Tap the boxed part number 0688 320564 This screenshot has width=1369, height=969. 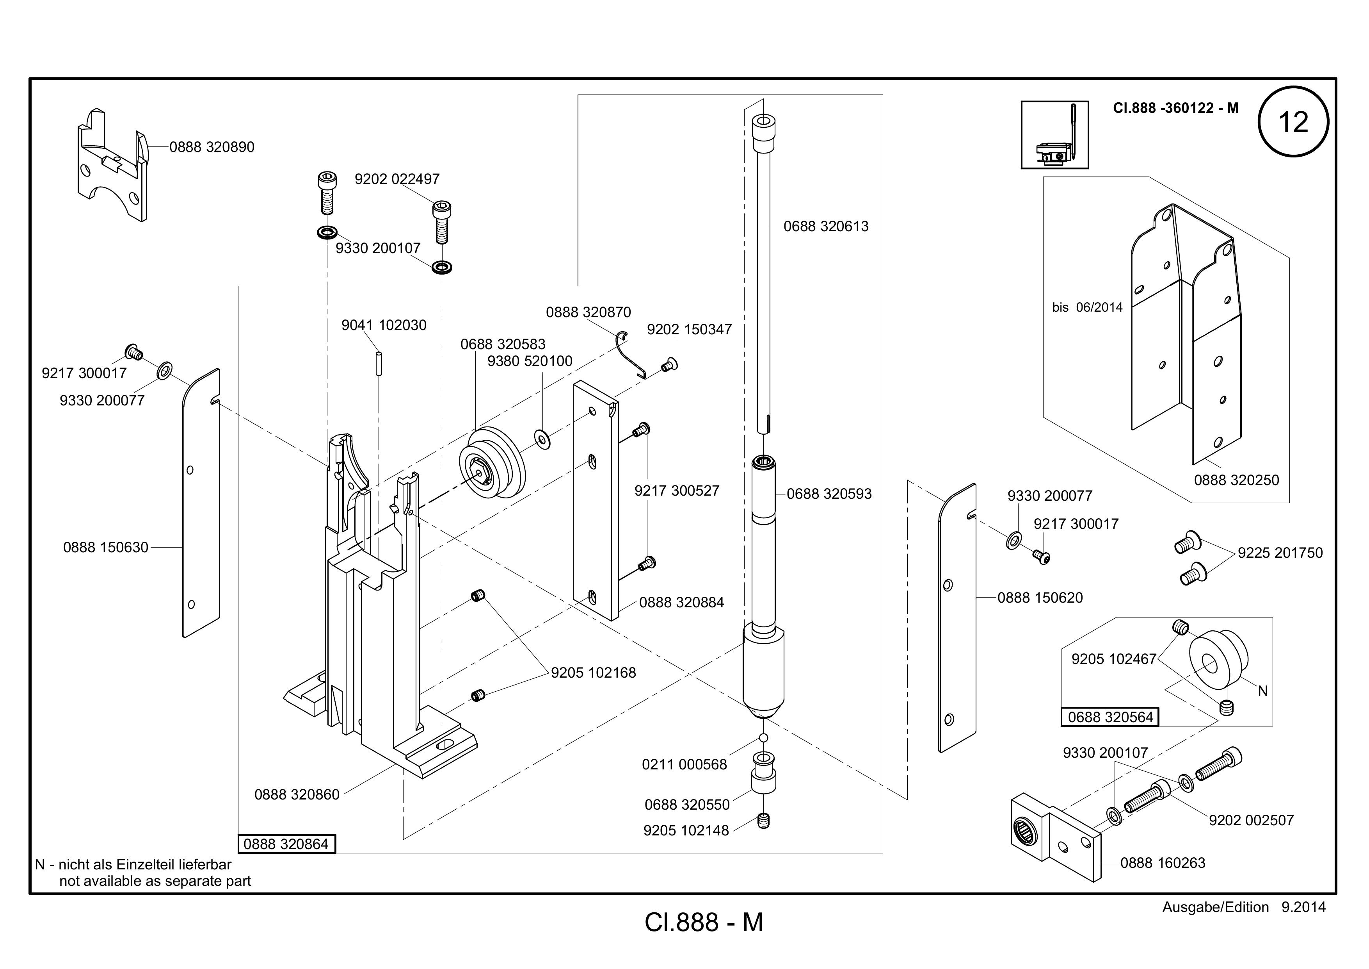1110,717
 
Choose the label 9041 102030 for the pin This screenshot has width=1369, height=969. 384,325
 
